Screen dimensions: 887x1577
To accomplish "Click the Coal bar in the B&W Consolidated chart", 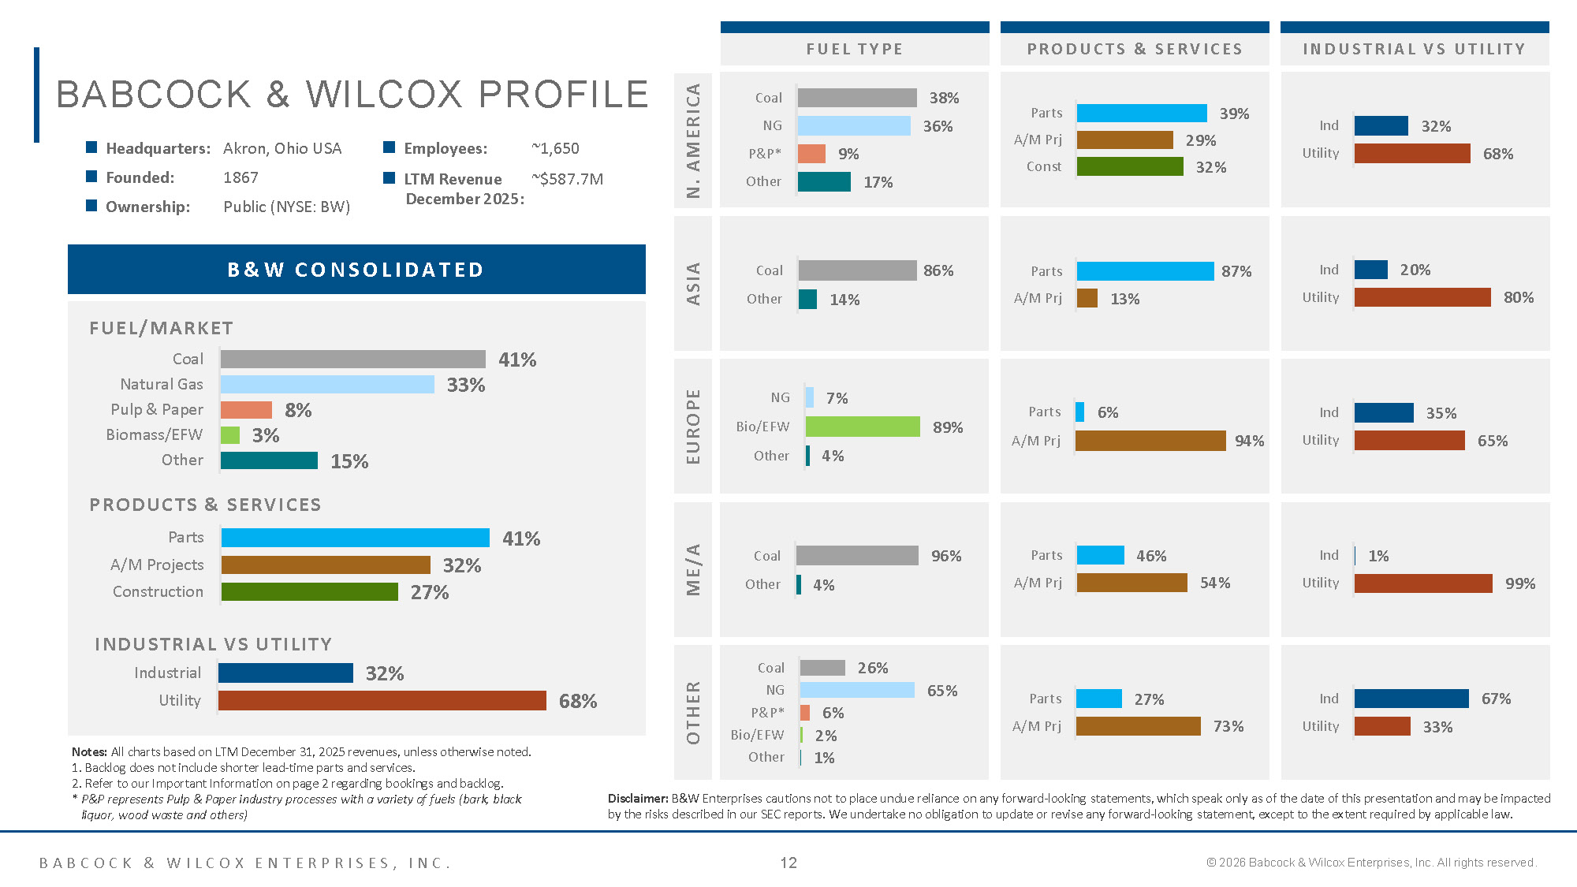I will point(352,359).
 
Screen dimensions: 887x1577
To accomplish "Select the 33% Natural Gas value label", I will point(465,385).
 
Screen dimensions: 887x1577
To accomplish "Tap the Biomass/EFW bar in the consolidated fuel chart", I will point(230,435).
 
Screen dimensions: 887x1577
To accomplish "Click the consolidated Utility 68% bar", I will point(382,700).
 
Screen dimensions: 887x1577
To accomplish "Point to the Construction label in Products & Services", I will point(158,591).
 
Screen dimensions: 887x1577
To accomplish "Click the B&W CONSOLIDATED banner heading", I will point(356,270).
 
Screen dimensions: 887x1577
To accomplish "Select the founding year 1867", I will point(240,177).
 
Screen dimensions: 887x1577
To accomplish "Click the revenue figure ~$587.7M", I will point(568,179).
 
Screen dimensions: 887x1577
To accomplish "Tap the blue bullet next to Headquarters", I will point(91,147).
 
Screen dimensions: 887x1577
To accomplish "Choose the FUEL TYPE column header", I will point(855,49).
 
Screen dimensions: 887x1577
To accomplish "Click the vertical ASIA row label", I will point(693,284).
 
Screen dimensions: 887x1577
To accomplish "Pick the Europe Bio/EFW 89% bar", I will point(863,427).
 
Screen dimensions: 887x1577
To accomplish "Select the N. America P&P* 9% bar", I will point(811,154).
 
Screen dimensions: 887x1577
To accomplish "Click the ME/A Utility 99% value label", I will point(1519,583).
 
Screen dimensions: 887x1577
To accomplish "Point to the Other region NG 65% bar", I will point(857,690).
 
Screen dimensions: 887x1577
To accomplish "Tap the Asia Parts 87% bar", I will point(1145,271).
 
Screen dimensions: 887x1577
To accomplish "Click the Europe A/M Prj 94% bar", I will point(1150,441).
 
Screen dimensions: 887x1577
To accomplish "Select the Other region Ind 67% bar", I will point(1411,699).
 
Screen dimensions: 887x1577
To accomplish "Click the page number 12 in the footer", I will point(788,863).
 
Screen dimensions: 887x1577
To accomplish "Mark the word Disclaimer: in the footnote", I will point(638,799).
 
